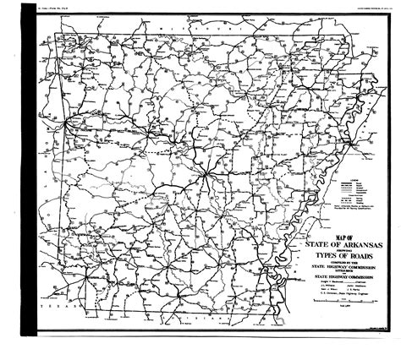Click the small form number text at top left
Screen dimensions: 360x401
[58, 8]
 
